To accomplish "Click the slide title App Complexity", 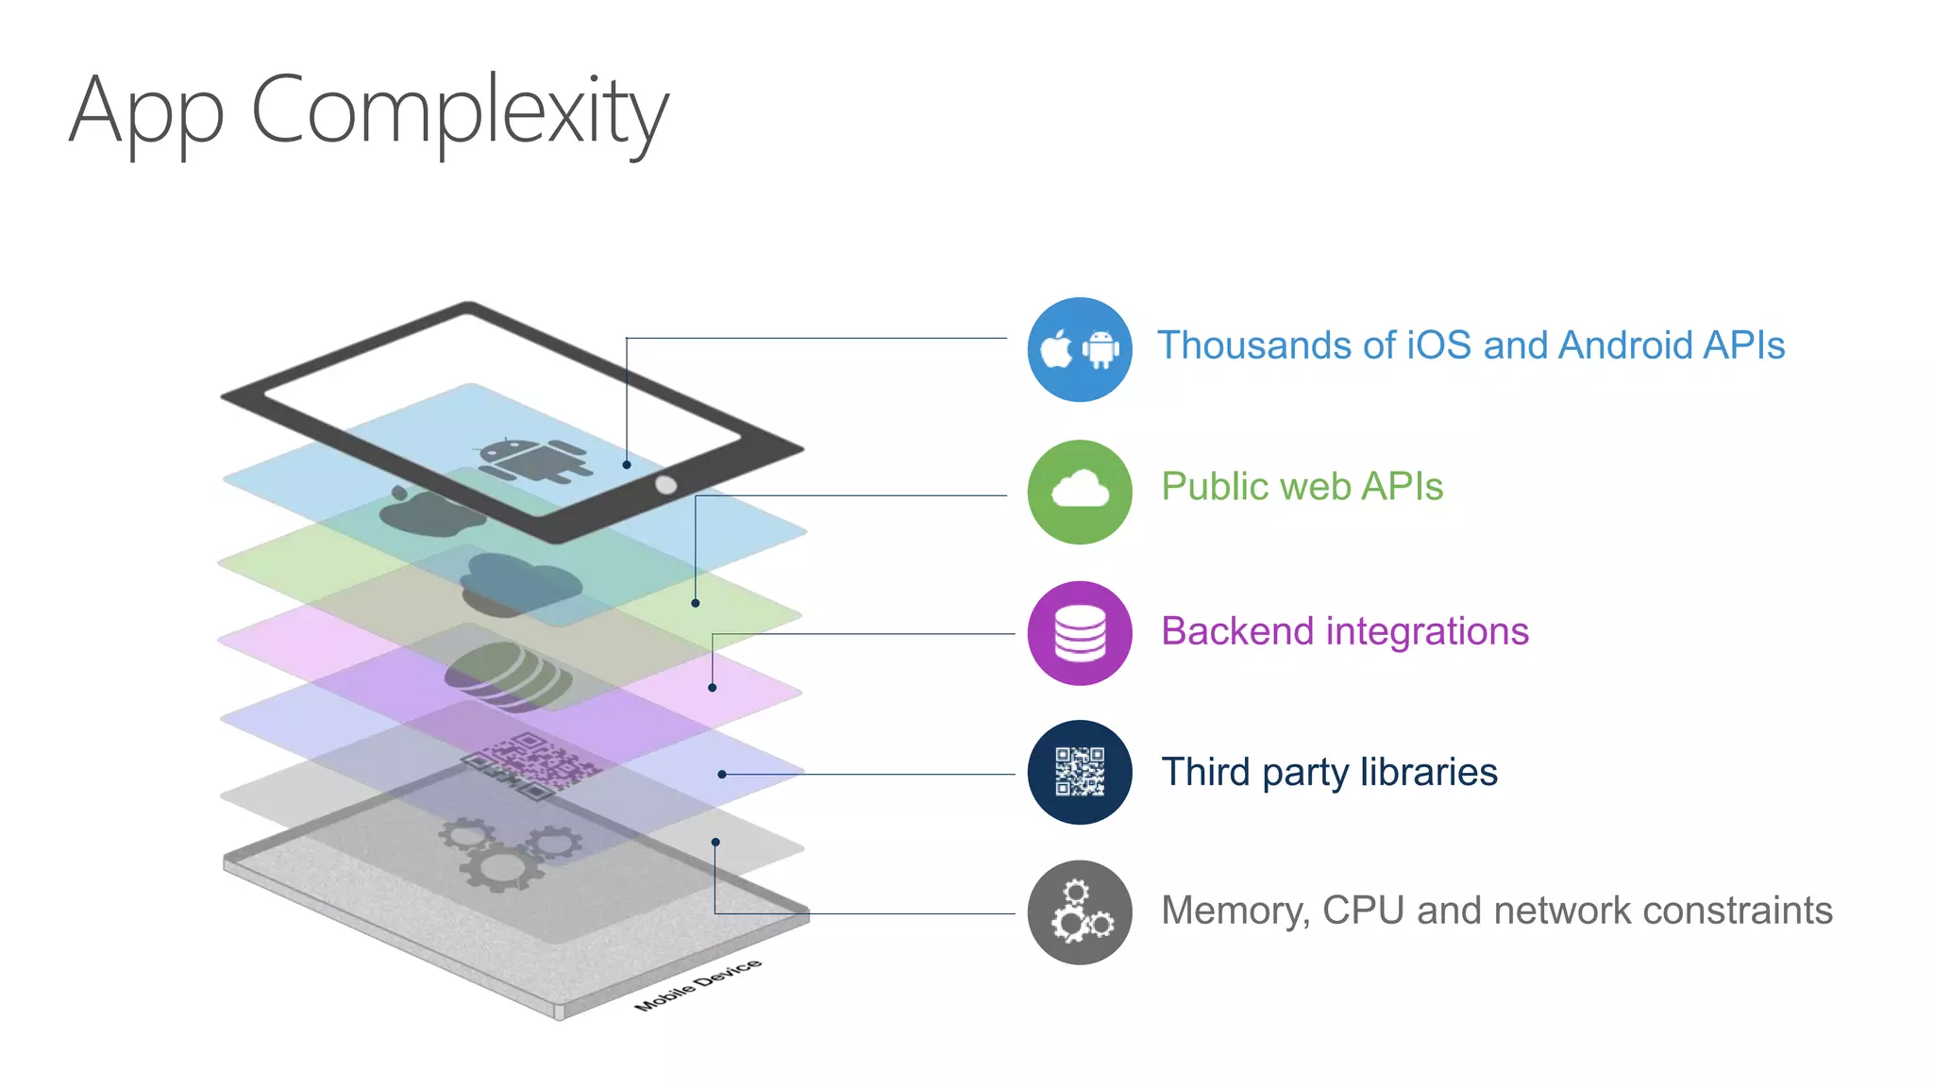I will (x=368, y=111).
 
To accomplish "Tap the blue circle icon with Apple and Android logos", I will (x=1079, y=350).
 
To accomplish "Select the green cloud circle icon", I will (x=1079, y=492).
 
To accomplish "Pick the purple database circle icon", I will (x=1079, y=633).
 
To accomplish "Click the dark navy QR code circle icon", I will (x=1079, y=772).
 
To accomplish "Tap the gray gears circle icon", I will (x=1079, y=912).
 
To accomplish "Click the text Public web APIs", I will (x=1302, y=487).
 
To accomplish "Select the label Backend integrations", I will (x=1344, y=631).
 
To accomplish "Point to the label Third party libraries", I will (x=1328, y=772).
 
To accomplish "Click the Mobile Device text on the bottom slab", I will (x=698, y=985).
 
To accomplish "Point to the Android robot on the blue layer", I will (x=533, y=460).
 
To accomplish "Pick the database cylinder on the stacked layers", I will (x=507, y=676).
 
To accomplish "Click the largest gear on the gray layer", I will (x=499, y=865).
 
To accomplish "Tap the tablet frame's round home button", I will (x=665, y=485).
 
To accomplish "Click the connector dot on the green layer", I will (x=696, y=603).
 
